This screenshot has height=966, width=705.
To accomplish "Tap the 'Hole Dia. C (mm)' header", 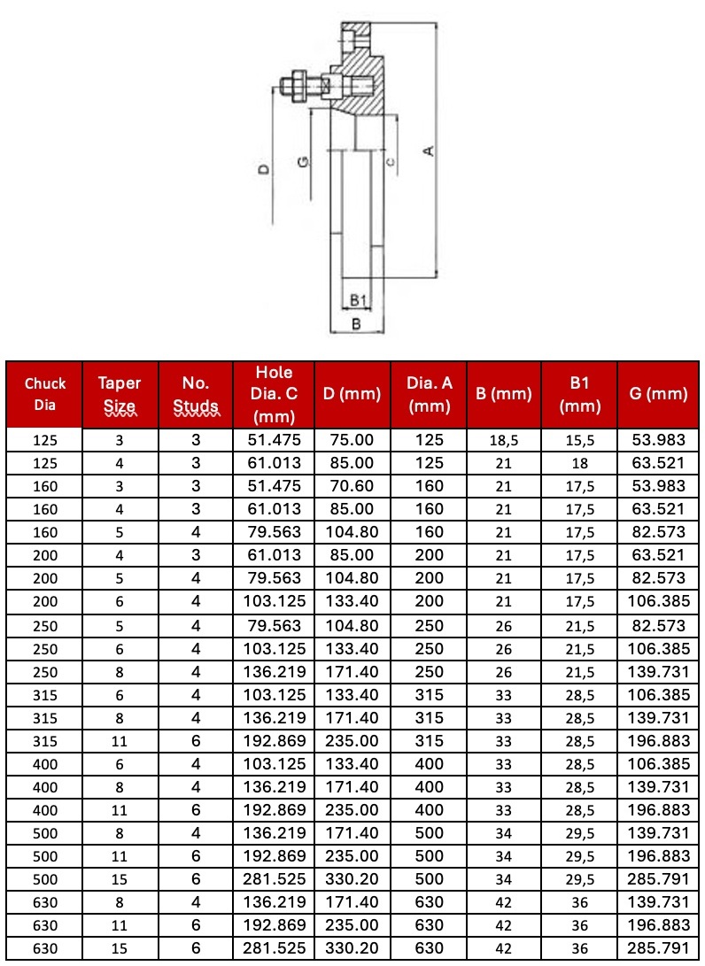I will [x=272, y=394].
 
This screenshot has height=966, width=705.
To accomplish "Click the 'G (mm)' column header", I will [x=658, y=394].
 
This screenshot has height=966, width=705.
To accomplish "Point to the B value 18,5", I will [x=504, y=440].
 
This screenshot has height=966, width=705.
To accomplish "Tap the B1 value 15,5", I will [x=580, y=440].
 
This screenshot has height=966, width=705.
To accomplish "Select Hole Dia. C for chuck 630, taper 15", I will [x=272, y=948].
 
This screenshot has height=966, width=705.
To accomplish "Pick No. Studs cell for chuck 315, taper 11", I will [x=197, y=740].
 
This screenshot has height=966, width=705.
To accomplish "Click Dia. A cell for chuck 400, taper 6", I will [x=430, y=763].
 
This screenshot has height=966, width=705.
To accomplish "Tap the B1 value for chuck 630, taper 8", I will [x=580, y=902].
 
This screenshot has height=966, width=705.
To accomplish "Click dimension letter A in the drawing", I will [x=429, y=151].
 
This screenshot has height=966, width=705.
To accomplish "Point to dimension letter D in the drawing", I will [x=263, y=168].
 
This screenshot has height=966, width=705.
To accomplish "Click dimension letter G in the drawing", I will [x=303, y=163].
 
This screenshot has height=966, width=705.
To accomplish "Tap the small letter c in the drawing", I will [x=390, y=160].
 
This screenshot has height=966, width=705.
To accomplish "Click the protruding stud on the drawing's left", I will [x=297, y=87].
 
